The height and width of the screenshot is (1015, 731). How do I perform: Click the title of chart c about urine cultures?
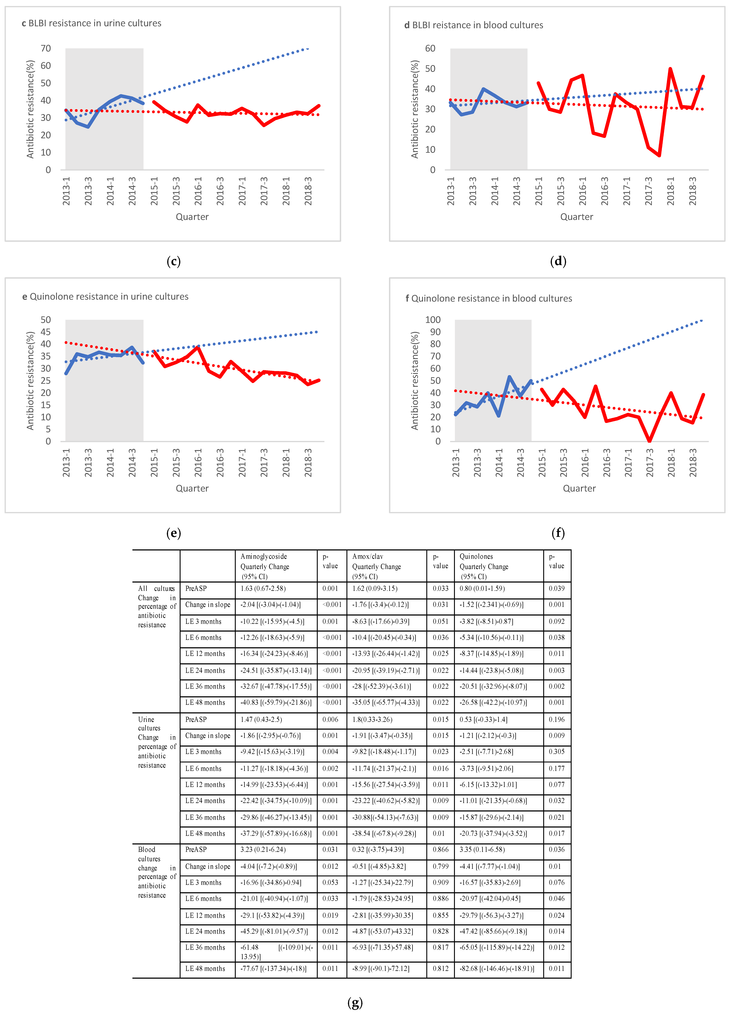click(92, 23)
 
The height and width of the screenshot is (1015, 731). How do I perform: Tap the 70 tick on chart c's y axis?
click(46, 48)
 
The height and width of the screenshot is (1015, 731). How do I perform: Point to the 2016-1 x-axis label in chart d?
click(582, 191)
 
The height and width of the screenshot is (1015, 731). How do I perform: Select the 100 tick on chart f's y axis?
click(433, 320)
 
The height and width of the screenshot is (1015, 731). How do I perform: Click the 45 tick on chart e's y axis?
click(46, 332)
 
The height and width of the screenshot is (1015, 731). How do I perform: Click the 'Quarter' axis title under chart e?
click(192, 488)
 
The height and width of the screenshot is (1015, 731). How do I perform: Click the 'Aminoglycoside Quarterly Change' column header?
click(265, 566)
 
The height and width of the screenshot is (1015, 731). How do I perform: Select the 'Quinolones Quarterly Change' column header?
click(484, 566)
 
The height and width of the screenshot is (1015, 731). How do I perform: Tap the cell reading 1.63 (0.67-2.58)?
click(263, 589)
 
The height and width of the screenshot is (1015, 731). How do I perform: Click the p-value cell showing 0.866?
click(440, 849)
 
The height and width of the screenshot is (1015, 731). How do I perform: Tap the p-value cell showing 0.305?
click(556, 752)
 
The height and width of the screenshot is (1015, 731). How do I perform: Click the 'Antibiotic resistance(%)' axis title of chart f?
click(415, 380)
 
